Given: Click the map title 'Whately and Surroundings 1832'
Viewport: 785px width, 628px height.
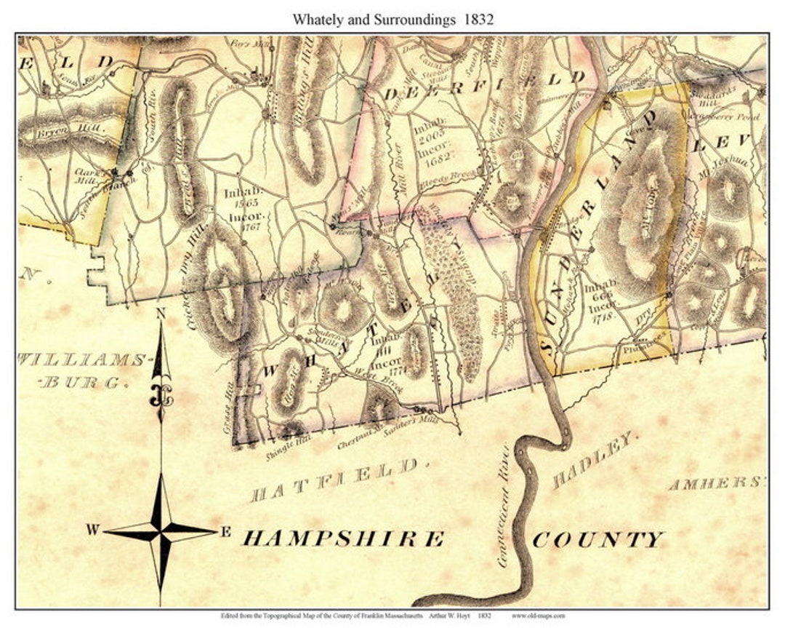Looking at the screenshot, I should pyautogui.click(x=392, y=20).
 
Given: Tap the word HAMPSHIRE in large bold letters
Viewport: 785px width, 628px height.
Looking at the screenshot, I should pyautogui.click(x=342, y=538).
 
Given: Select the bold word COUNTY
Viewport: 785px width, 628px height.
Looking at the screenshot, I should pyautogui.click(x=597, y=540).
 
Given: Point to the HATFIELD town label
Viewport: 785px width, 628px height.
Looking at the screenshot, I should pyautogui.click(x=335, y=480).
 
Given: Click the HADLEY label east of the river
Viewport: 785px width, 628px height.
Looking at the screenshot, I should pyautogui.click(x=593, y=460).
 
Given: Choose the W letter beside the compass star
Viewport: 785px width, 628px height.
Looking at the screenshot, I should pyautogui.click(x=92, y=530).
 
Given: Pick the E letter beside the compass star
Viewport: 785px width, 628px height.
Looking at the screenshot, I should pyautogui.click(x=225, y=532).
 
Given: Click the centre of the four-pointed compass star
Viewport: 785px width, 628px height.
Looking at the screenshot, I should pyautogui.click(x=160, y=530).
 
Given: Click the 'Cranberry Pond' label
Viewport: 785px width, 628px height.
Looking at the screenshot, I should pyautogui.click(x=730, y=116).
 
